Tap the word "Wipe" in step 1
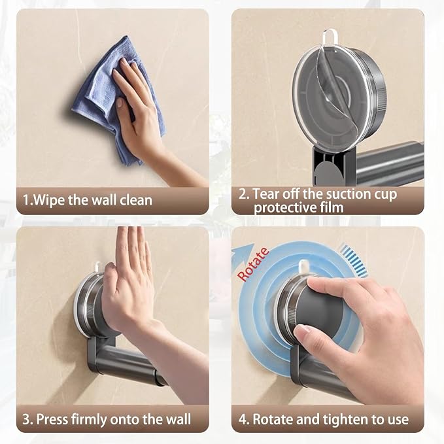(x=49, y=200)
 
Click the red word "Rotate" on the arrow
(x=253, y=264)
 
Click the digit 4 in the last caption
(x=243, y=419)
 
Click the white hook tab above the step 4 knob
(x=303, y=267)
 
